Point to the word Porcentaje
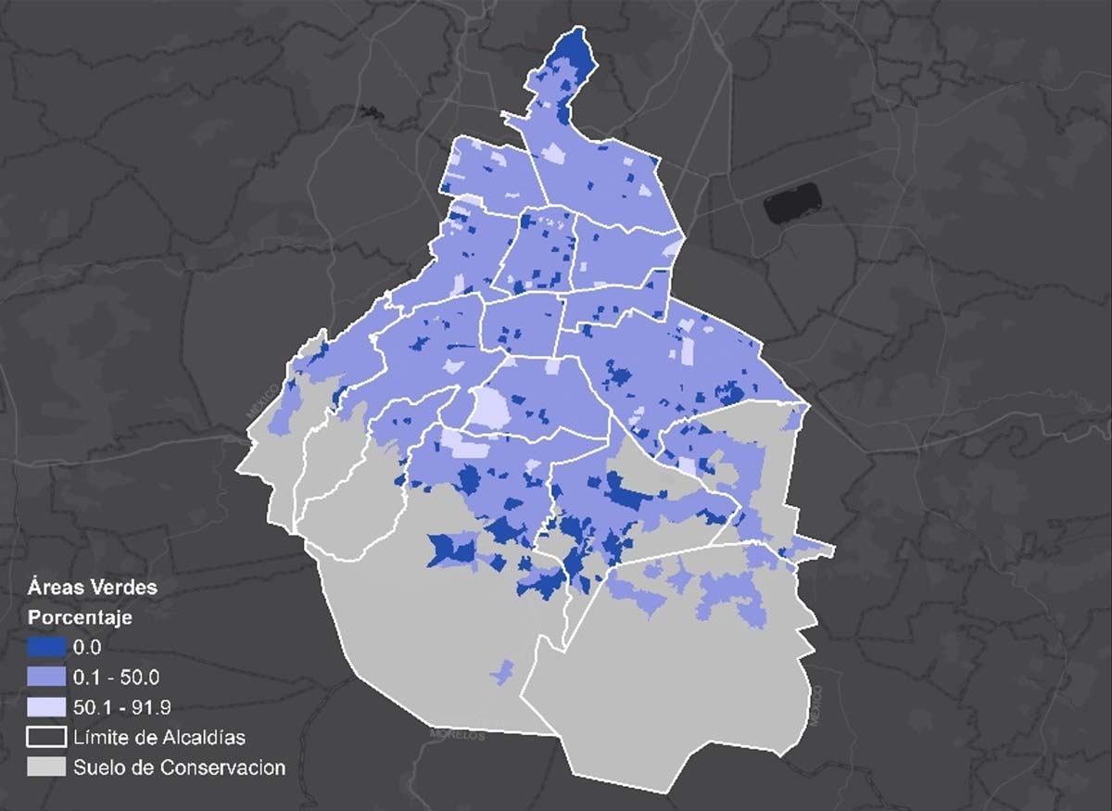(80, 616)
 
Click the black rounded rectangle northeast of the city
(792, 202)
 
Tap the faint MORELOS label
(458, 734)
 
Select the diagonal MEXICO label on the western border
(262, 400)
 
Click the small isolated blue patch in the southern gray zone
(503, 672)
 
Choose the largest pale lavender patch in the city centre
(488, 408)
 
